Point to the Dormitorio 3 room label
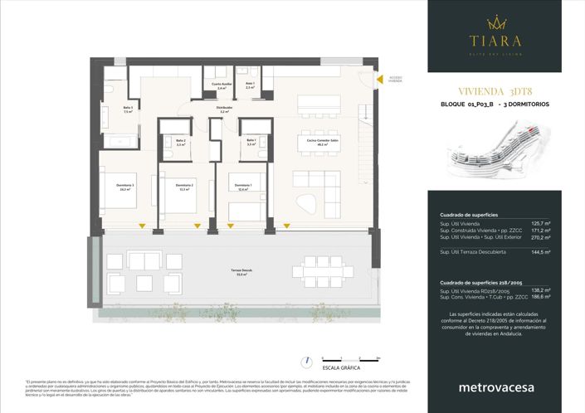125,186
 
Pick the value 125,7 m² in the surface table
541,223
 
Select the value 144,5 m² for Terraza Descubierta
541,251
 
